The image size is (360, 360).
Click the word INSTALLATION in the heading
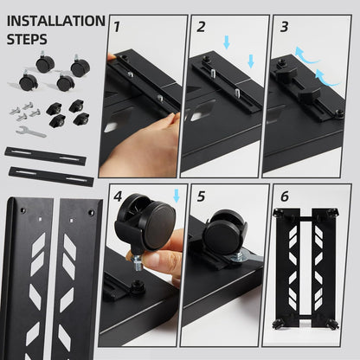pos(56,22)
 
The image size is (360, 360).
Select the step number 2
pos(201,27)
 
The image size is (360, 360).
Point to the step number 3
pos(283,26)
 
